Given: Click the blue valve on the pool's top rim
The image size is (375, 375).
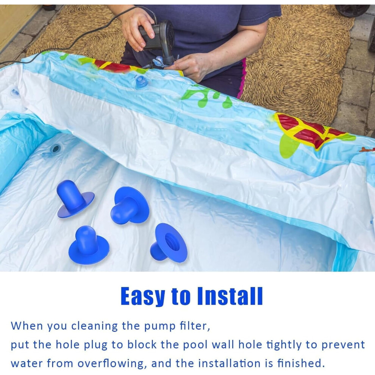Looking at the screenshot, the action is point(141,81).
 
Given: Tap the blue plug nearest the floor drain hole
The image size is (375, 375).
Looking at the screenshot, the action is point(75,198).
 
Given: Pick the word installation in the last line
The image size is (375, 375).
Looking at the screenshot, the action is point(230,364).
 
